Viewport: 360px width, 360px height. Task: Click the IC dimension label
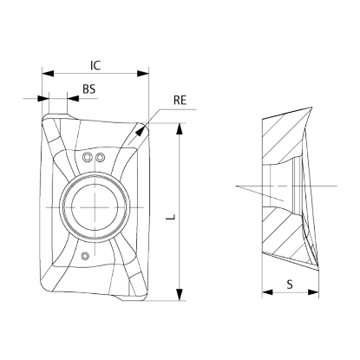pyautogui.click(x=95, y=65)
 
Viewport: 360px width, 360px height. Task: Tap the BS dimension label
pyautogui.click(x=88, y=89)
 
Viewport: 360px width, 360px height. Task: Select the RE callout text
pyautogui.click(x=180, y=100)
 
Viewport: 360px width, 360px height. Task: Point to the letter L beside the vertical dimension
pyautogui.click(x=171, y=217)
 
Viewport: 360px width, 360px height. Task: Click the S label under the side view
pyautogui.click(x=290, y=285)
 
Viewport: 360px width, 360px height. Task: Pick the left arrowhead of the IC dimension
pyautogui.click(x=48, y=74)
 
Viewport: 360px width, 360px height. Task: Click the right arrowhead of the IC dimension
pyautogui.click(x=143, y=74)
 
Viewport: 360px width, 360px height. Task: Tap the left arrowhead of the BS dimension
pyautogui.click(x=43, y=99)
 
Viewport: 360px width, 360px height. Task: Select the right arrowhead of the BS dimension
pyautogui.click(x=73, y=99)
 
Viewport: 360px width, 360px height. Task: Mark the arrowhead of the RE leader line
pyautogui.click(x=141, y=131)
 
